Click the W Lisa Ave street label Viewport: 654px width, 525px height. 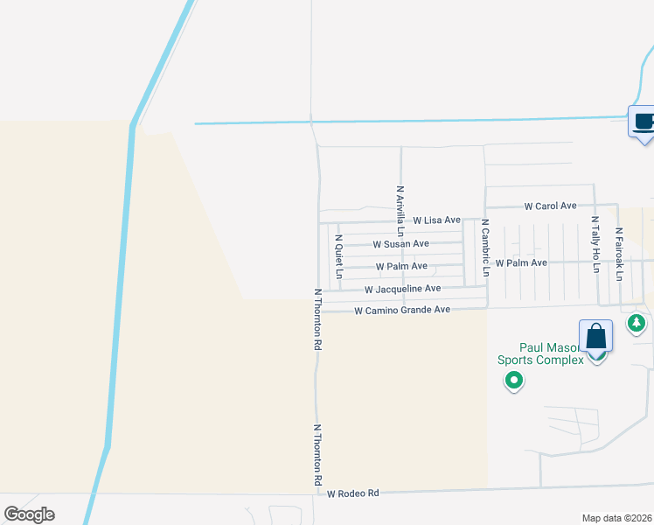[x=436, y=220]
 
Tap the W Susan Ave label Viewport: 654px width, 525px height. [x=400, y=244]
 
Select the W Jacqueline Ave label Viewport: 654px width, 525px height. [x=402, y=289]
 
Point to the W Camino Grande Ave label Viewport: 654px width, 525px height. [x=402, y=311]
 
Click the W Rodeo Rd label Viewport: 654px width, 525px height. [x=353, y=493]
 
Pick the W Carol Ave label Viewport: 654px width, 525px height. [x=550, y=206]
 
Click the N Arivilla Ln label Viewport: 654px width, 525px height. [x=400, y=211]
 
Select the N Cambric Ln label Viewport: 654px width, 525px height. [x=485, y=248]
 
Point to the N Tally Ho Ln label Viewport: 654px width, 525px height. [x=595, y=244]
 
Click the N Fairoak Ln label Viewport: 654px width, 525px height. [x=618, y=254]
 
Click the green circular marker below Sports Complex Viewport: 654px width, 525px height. [x=514, y=381]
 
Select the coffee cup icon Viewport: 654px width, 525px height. [x=643, y=122]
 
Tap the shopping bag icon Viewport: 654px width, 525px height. [x=595, y=337]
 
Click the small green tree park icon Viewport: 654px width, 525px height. [x=637, y=324]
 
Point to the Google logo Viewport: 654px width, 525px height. [x=29, y=514]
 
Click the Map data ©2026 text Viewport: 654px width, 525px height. [x=617, y=518]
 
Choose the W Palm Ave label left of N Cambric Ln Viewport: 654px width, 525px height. [x=401, y=266]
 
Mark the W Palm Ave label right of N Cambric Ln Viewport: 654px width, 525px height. [x=521, y=262]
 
